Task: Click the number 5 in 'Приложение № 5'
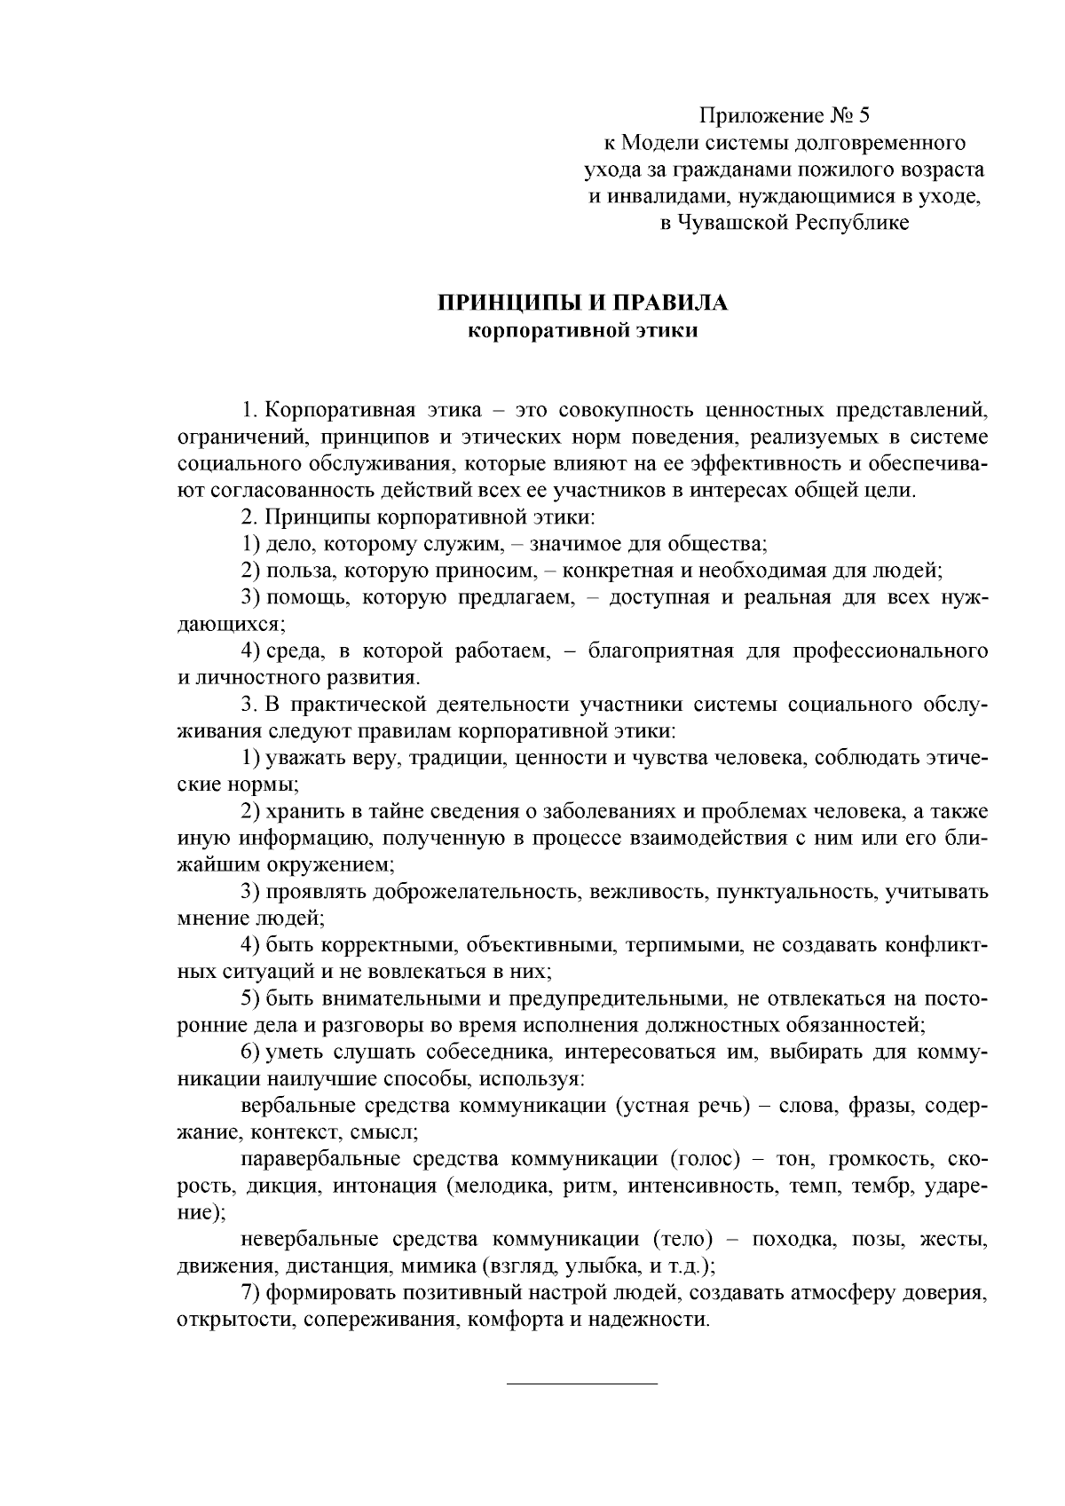(x=865, y=115)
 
